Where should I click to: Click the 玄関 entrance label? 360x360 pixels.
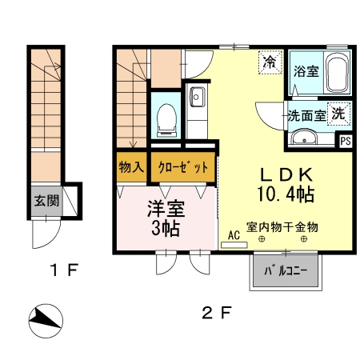46,200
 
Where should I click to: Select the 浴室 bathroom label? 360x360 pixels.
306,71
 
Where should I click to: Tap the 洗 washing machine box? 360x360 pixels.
340,113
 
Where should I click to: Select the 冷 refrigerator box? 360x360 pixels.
270,62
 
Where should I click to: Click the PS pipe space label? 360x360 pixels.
346,141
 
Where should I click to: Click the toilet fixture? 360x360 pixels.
167,118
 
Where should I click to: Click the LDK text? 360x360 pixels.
284,174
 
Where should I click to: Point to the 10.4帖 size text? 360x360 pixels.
284,194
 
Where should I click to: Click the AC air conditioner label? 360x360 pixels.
234,235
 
